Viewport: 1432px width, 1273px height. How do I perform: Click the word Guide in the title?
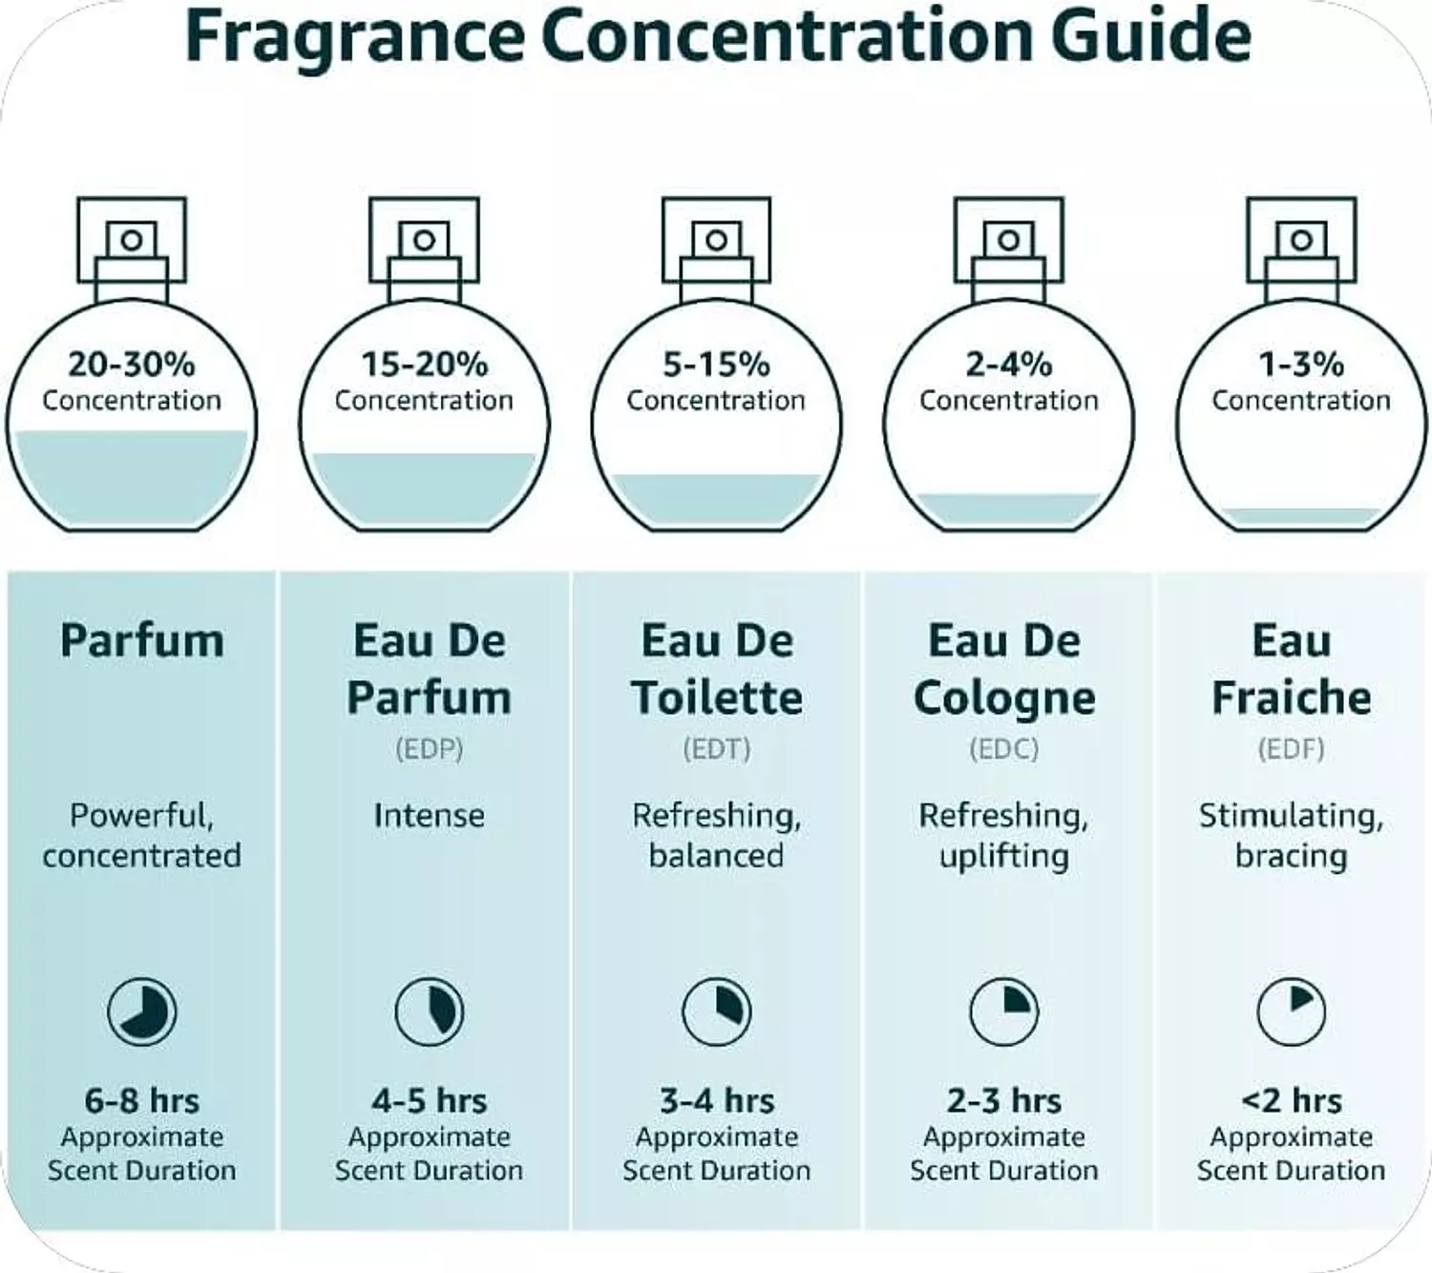(1150, 35)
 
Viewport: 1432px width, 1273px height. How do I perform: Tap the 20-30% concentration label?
(132, 365)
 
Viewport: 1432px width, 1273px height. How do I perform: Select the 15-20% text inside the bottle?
(424, 365)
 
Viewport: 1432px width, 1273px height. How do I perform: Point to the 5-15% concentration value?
(716, 365)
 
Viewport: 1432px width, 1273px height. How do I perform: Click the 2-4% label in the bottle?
(1009, 365)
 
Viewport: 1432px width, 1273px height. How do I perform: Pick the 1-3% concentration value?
(1301, 365)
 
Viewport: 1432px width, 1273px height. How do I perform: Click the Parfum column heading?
(142, 640)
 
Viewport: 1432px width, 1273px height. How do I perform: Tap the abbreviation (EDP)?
(429, 749)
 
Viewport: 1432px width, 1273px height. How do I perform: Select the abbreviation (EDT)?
(717, 749)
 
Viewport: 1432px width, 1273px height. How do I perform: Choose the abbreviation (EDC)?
(1003, 749)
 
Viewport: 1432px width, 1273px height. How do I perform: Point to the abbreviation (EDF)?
(1291, 749)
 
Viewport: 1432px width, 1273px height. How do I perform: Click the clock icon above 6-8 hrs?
(142, 1012)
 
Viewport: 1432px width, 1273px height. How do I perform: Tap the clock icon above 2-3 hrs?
(1004, 1012)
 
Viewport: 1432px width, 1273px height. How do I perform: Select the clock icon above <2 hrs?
(1292, 1012)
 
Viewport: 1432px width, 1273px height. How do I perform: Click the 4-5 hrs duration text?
(429, 1100)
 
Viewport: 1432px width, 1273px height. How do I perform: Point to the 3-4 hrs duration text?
(717, 1100)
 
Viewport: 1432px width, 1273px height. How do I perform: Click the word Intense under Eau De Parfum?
(429, 816)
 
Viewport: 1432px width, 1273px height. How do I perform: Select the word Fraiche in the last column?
(1292, 698)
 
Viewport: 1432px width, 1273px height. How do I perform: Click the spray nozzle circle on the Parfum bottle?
(132, 240)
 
